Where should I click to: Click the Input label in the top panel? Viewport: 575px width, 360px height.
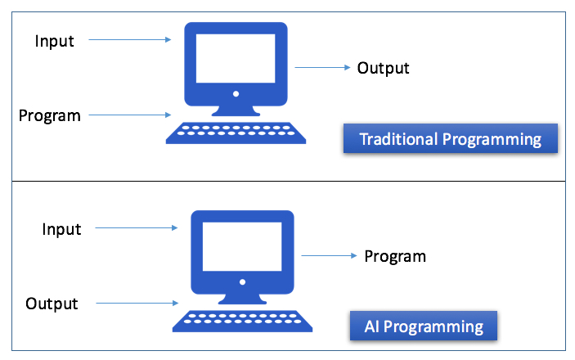click(54, 41)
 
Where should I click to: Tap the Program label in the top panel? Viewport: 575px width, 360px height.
click(50, 116)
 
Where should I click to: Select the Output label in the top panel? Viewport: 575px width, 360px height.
click(384, 68)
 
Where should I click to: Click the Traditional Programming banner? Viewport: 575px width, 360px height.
click(451, 138)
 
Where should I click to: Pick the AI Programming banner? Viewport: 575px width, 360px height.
click(424, 326)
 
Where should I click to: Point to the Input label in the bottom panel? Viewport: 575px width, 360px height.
click(61, 229)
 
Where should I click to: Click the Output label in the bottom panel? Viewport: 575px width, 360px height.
click(52, 304)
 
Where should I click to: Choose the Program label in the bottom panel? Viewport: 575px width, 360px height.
click(395, 257)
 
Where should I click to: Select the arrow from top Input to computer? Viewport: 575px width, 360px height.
click(130, 39)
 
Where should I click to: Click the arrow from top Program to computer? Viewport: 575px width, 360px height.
click(130, 115)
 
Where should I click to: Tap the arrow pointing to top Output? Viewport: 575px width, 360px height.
click(323, 67)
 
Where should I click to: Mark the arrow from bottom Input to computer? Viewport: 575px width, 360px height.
click(137, 228)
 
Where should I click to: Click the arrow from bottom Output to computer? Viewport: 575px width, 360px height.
click(137, 303)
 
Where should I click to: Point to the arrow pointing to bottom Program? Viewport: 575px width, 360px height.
click(329, 255)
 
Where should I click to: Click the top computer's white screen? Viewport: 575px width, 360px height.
click(236, 58)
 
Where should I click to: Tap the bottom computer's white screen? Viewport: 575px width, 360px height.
click(242, 246)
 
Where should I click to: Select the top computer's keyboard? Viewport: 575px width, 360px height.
click(236, 133)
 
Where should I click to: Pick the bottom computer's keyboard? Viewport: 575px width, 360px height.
click(242, 321)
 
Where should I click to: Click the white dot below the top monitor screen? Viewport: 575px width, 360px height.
click(236, 94)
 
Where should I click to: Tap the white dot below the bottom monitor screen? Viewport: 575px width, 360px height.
click(242, 282)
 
